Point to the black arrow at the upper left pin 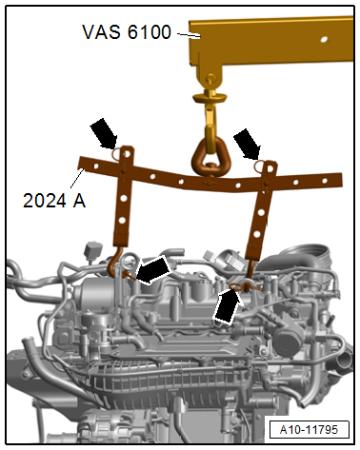[x=104, y=134]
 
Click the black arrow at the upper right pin [x=250, y=144]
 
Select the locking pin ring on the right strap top [x=261, y=165]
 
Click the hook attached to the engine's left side [x=120, y=264]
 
